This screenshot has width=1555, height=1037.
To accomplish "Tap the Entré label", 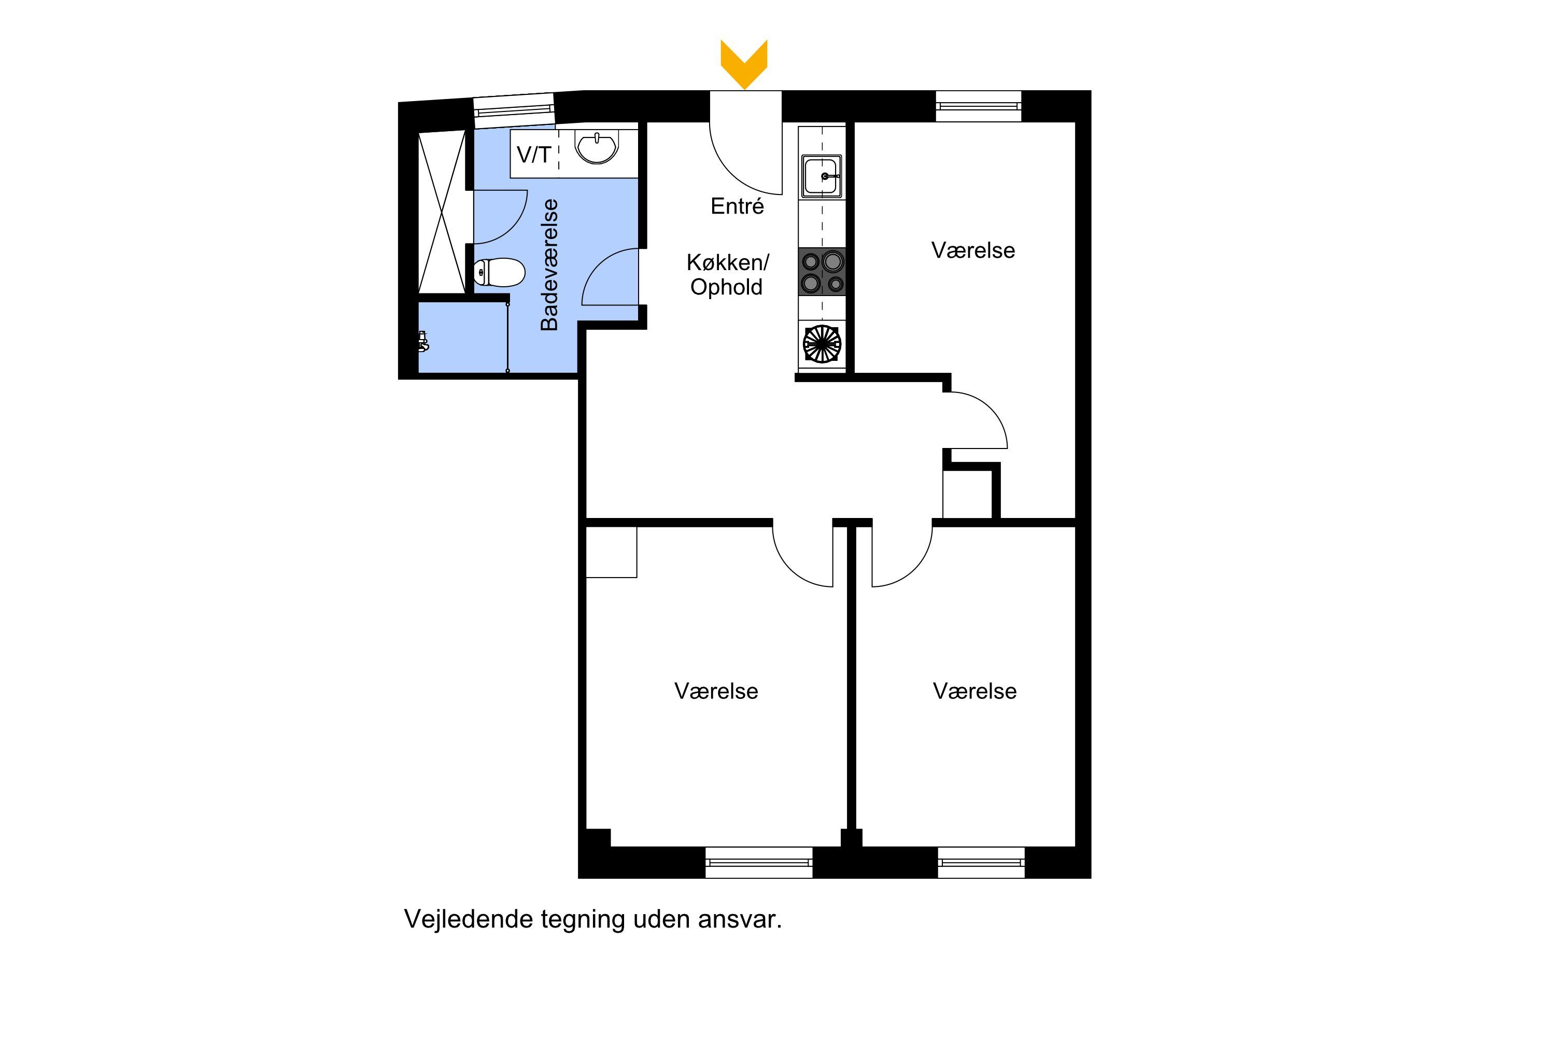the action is click(x=737, y=206).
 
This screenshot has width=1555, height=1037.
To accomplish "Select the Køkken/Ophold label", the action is click(x=727, y=274).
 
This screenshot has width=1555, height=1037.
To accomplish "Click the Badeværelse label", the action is click(x=549, y=264).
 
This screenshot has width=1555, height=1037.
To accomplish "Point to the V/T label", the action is click(x=533, y=155).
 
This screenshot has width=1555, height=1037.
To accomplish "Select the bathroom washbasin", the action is click(x=597, y=147).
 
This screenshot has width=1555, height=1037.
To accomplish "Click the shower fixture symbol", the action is click(x=423, y=341).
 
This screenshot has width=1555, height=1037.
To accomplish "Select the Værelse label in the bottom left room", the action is click(x=716, y=691).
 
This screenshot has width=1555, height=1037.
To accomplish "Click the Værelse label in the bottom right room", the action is click(x=974, y=691).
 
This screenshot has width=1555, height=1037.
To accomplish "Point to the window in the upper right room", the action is click(x=979, y=106).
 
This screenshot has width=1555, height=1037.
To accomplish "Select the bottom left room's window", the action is click(x=759, y=862).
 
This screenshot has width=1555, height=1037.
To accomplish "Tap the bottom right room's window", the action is click(x=981, y=862).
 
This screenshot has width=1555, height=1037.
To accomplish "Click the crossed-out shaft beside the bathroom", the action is click(x=442, y=212).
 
